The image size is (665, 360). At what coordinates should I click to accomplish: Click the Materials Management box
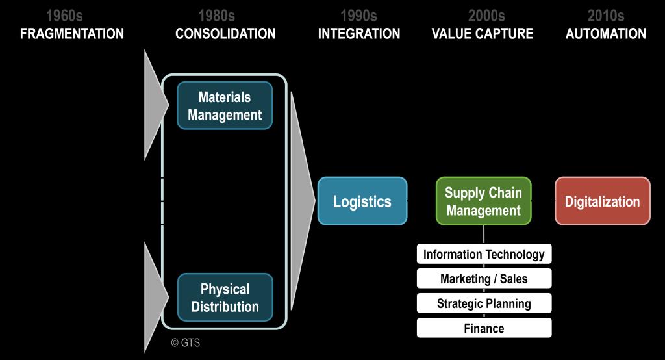click(x=225, y=106)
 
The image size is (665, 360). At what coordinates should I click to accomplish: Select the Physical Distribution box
click(x=225, y=298)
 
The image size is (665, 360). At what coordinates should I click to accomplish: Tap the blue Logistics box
click(x=362, y=201)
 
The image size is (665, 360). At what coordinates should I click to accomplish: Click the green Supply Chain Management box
click(x=483, y=201)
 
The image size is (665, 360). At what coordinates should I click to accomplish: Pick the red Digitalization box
click(x=602, y=201)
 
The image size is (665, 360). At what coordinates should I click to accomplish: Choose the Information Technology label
click(x=484, y=254)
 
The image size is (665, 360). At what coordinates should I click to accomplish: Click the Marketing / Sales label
click(x=484, y=279)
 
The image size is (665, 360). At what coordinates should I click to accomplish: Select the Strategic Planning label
click(x=484, y=303)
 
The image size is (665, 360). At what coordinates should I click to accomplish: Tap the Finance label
click(x=484, y=328)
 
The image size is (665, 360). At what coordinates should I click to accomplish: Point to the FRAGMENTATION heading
click(x=72, y=34)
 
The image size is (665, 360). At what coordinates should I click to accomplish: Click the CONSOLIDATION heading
click(x=225, y=34)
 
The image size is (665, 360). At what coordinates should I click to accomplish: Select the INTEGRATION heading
click(x=359, y=34)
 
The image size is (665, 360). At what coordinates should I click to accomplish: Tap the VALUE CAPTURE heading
click(x=483, y=34)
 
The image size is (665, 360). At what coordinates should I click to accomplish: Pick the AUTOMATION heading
click(x=606, y=34)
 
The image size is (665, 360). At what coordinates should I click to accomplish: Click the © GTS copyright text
click(x=186, y=343)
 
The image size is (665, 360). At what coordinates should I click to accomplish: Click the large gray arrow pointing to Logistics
click(x=301, y=201)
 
